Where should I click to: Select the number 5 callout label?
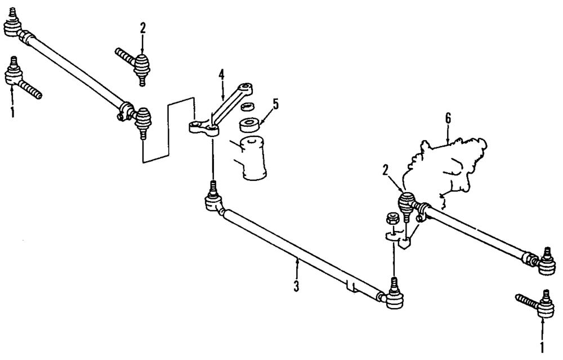click(275, 105)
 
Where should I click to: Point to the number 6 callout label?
click(448, 118)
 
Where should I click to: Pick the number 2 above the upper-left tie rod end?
click(142, 27)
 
